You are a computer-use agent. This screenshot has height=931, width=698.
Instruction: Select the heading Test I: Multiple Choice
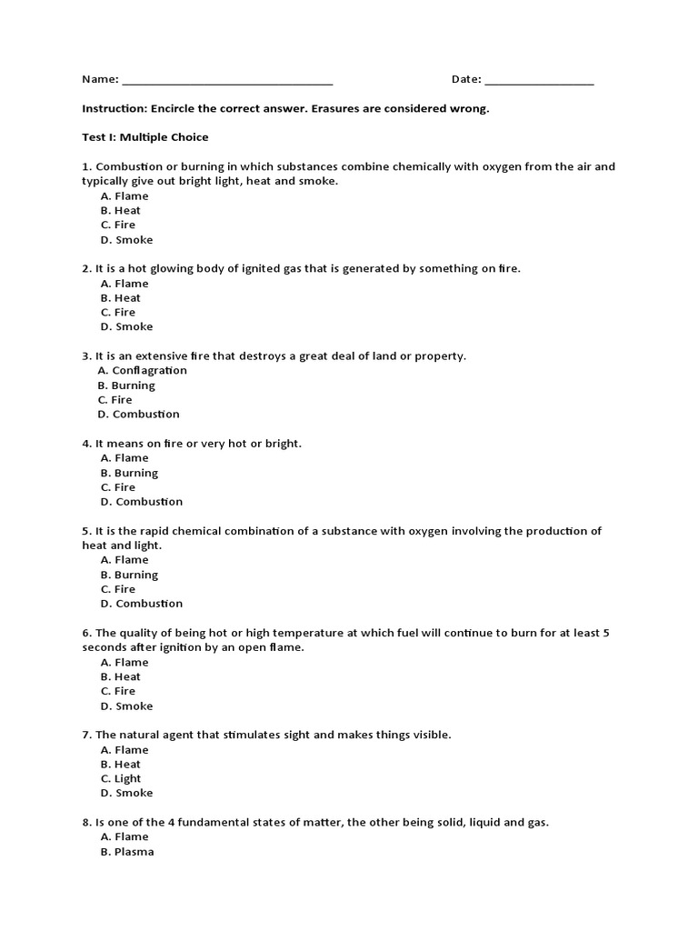(x=145, y=137)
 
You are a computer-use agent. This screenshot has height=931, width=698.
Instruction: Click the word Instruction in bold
(x=114, y=108)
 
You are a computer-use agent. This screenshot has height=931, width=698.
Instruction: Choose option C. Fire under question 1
(x=118, y=225)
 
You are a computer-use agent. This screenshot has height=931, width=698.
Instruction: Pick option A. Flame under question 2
(x=125, y=283)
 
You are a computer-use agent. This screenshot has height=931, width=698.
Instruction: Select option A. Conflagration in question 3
(x=142, y=370)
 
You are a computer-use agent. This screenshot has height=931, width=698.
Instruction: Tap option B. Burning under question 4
(x=129, y=473)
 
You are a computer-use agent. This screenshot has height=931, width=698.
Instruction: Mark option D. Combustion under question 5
(x=142, y=603)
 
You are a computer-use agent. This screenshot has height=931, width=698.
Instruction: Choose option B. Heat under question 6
(x=121, y=676)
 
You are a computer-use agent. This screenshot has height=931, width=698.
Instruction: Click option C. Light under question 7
(x=121, y=778)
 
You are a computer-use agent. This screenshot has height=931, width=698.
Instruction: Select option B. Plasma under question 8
(x=127, y=852)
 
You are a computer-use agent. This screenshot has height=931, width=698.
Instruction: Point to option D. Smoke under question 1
(x=127, y=240)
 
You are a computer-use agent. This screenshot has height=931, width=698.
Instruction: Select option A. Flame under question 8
(x=125, y=836)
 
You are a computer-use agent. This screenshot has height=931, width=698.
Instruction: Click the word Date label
(x=466, y=79)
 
